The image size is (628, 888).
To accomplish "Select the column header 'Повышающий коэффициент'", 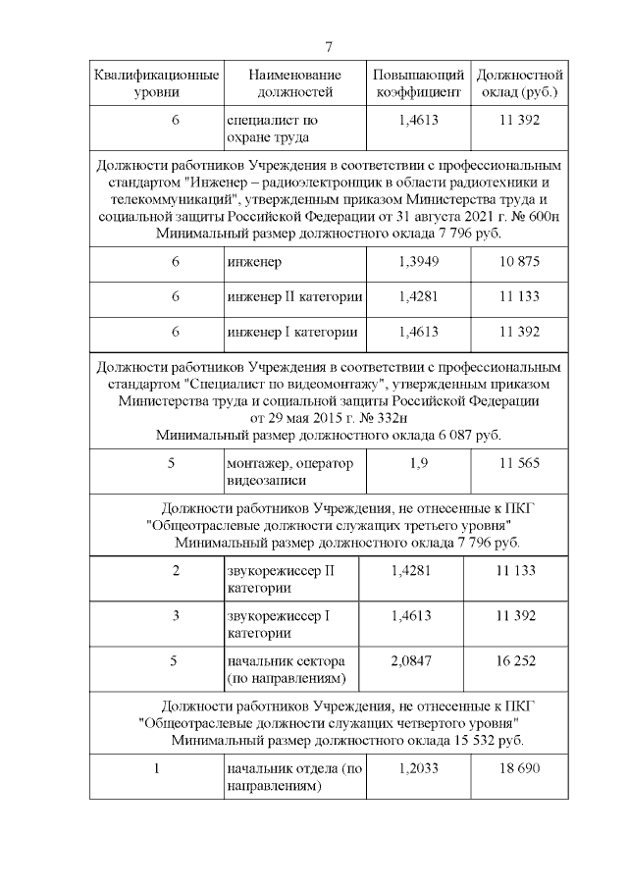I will click(418, 83).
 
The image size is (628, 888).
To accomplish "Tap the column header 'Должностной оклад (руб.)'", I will click(519, 83).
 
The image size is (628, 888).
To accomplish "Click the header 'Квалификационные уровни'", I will click(156, 83).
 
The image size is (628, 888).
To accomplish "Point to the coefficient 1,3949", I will click(418, 263).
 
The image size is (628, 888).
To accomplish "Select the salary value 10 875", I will click(519, 263).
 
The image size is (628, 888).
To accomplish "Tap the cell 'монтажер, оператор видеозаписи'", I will click(289, 472).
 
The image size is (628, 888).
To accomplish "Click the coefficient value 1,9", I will click(418, 463).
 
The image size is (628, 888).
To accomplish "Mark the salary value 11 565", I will click(519, 463).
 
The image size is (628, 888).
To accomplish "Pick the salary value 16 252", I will click(516, 660).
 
